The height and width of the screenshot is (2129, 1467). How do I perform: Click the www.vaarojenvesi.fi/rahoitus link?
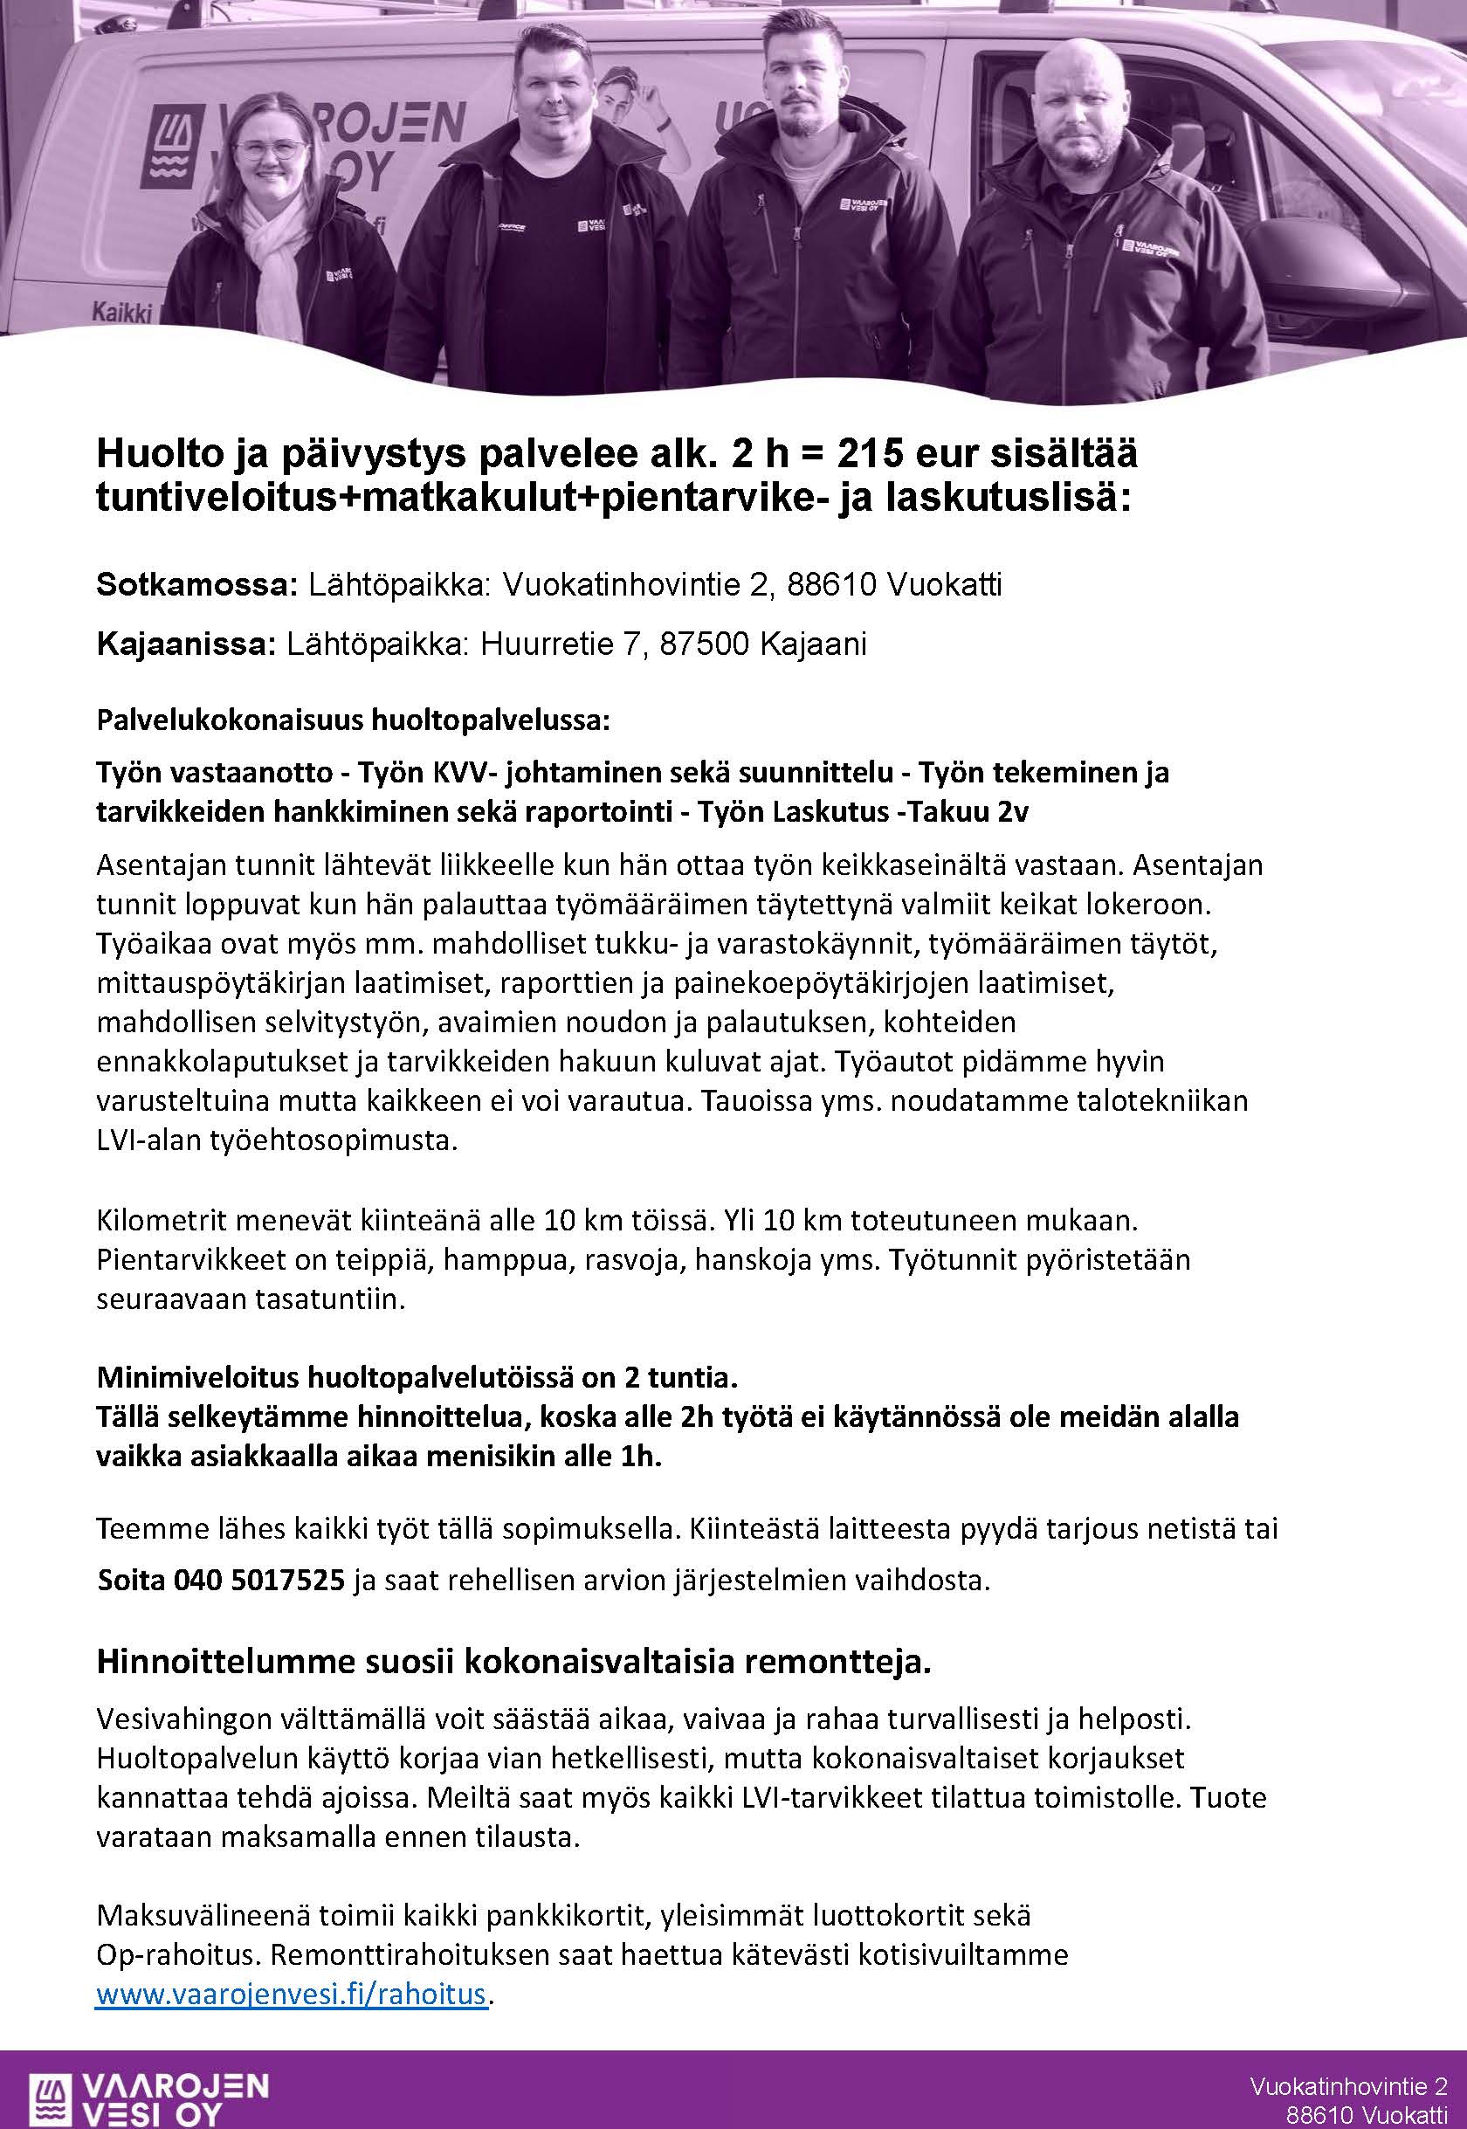[x=290, y=1995]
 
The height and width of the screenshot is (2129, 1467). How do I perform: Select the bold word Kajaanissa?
[x=186, y=644]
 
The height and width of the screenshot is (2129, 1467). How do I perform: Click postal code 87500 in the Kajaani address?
[x=705, y=644]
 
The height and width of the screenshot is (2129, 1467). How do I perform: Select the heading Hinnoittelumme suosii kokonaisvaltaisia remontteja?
[x=513, y=1663]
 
